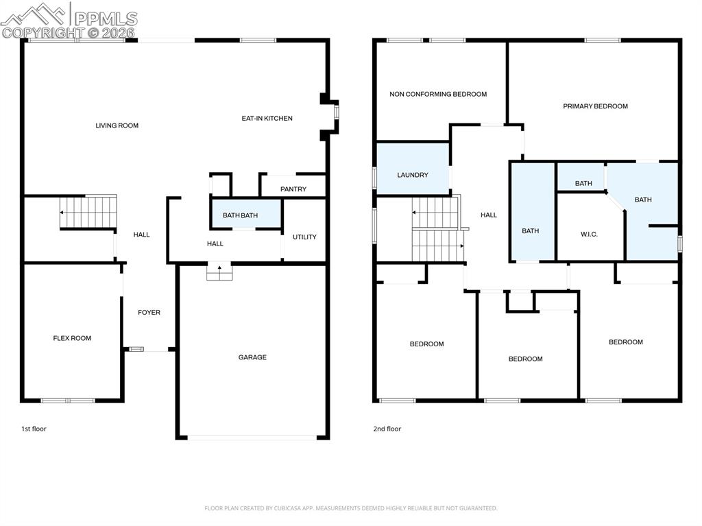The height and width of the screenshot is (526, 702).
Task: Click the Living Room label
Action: [117, 125]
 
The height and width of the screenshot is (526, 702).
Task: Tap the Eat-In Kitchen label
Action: [267, 119]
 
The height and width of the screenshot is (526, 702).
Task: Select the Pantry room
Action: [293, 189]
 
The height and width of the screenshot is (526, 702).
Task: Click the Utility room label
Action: [304, 237]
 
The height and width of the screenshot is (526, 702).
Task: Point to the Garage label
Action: [252, 357]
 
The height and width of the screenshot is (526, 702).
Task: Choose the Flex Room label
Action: [72, 338]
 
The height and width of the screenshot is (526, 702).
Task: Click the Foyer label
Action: [149, 313]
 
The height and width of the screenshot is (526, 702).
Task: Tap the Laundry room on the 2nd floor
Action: [413, 175]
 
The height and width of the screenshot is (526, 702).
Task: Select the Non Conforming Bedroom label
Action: [438, 94]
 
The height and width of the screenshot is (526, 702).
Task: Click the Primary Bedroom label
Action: [595, 106]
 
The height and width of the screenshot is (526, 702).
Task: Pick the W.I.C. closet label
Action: [589, 235]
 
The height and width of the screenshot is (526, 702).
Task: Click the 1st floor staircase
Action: [88, 211]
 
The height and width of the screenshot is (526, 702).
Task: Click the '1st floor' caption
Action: [34, 429]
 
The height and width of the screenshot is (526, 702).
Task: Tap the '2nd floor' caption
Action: [387, 429]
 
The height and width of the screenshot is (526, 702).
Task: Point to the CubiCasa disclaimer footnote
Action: [350, 508]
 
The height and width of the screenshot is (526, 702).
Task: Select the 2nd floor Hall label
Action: [488, 215]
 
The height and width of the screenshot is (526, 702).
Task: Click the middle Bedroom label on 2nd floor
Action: [525, 359]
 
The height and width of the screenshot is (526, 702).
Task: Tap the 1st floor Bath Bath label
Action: [240, 215]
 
